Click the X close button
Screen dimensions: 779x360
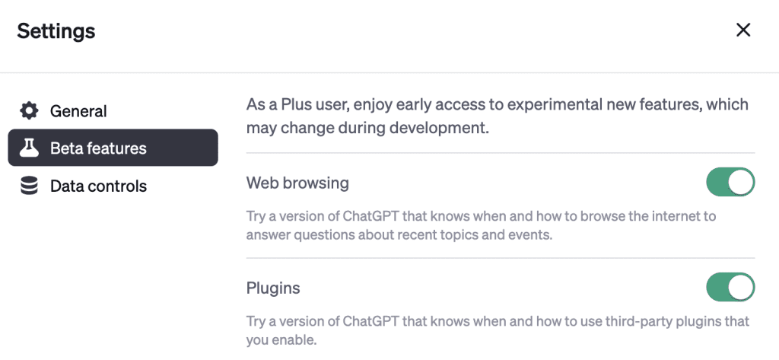742,30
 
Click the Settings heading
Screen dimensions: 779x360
56,31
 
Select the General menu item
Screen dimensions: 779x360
78,111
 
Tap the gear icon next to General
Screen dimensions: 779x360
29,110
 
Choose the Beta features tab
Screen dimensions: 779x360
113,148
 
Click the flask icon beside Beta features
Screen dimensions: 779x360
29,148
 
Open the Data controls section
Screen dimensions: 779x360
98,186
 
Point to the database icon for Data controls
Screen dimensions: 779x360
30,186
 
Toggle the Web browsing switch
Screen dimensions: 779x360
730,182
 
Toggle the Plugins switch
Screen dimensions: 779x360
730,287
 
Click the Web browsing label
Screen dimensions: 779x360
297,183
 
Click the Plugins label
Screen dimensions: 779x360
273,288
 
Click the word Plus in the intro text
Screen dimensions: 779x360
298,105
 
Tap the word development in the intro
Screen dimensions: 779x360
436,129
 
